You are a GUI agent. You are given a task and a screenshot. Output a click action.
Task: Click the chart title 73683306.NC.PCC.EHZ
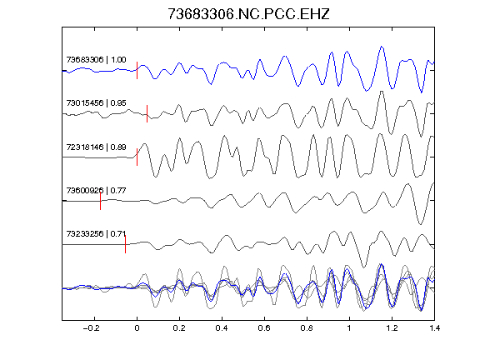tap(248, 14)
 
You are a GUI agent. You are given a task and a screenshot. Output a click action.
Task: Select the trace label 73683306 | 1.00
tap(96, 59)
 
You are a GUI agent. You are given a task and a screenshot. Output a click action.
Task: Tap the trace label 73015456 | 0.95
tap(96, 102)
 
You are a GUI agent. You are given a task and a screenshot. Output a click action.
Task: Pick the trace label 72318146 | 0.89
tap(96, 147)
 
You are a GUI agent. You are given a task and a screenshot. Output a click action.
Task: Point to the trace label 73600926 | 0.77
tap(96, 190)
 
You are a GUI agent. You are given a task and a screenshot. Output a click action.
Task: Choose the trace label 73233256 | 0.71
tap(96, 234)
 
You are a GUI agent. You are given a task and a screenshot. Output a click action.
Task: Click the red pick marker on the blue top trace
tap(137, 70)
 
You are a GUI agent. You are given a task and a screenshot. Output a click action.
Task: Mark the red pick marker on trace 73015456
tap(147, 113)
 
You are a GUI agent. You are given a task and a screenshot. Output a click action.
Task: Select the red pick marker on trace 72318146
tap(137, 157)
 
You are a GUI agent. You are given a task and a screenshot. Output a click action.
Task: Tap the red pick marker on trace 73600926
tap(100, 201)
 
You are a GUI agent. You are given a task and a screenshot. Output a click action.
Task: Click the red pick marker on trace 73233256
tap(125, 244)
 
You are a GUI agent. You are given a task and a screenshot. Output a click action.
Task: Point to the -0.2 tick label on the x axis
tap(92, 328)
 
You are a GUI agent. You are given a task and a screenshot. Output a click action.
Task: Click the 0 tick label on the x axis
tap(137, 328)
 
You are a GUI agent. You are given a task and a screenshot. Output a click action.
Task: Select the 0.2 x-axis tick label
tap(179, 328)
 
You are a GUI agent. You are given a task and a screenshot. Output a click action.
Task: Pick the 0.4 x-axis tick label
tap(222, 328)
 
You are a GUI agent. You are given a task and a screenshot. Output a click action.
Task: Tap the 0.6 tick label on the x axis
tap(264, 328)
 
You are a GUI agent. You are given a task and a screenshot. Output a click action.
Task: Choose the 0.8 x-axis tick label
tap(307, 328)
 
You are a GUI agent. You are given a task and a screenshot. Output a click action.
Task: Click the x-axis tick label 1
tap(349, 328)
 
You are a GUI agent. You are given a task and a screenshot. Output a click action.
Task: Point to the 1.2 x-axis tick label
tap(392, 328)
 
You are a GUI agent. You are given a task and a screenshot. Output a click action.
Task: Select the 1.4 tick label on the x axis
tap(435, 328)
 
